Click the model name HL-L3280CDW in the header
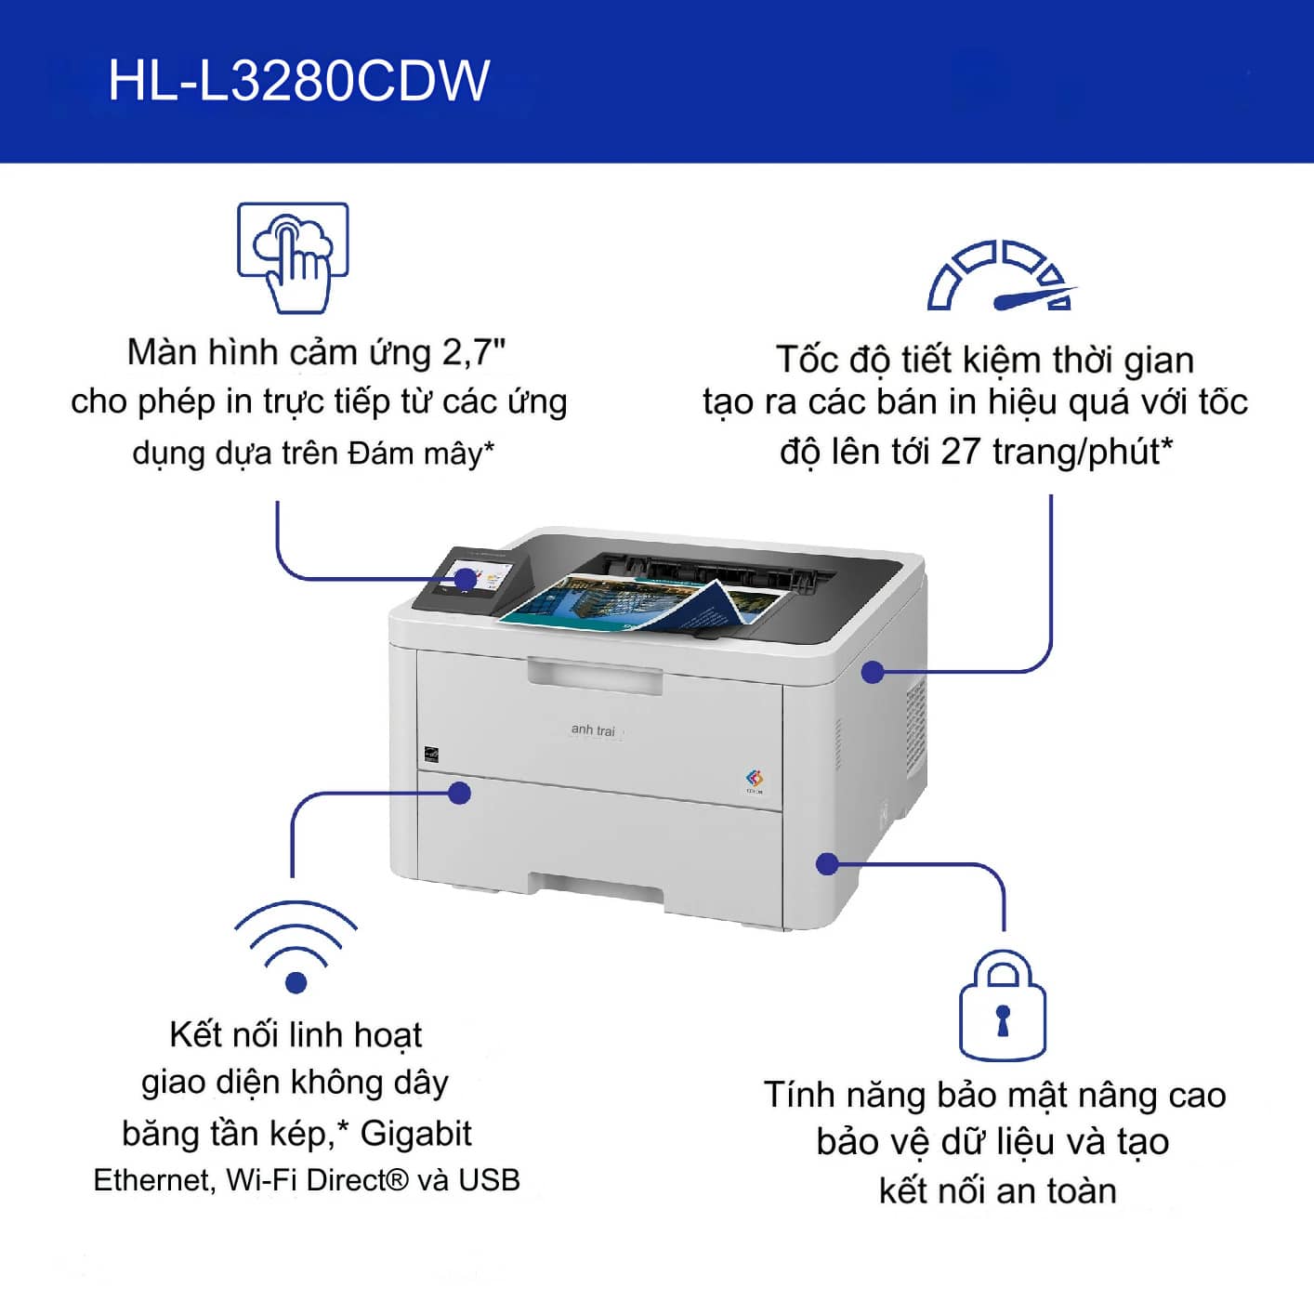(x=298, y=81)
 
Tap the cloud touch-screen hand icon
(x=294, y=257)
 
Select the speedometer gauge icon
(x=1001, y=275)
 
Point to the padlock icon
(x=1003, y=1005)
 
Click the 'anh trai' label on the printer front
(x=593, y=730)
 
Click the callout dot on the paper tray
(x=460, y=793)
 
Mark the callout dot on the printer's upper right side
(x=873, y=673)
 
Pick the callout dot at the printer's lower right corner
(x=827, y=864)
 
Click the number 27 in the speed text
(x=961, y=452)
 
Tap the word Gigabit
(x=416, y=1134)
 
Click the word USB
(x=489, y=1180)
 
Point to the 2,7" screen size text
(x=474, y=353)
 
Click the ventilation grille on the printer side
(x=915, y=729)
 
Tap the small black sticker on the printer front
(x=431, y=755)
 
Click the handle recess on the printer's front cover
(x=595, y=677)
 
